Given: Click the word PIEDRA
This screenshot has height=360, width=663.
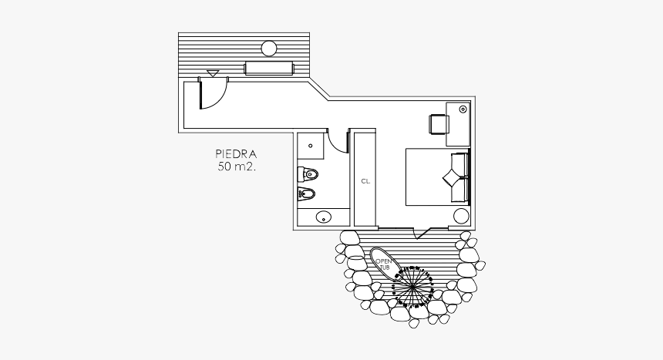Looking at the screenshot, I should point(236,154).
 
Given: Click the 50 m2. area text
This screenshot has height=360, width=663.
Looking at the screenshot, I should point(236,167).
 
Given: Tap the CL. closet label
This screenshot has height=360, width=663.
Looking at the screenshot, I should point(365,181).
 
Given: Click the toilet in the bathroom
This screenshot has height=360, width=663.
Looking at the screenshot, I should point(308,173).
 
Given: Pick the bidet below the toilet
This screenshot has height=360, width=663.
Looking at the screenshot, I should point(308,193).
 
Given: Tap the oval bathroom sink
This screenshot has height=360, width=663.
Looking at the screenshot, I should point(324,217).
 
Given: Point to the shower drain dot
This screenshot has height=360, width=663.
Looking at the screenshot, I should point(312,143).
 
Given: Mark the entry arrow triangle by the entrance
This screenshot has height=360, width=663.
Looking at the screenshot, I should point(213,74).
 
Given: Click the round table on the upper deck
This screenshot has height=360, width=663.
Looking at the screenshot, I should point(268,49).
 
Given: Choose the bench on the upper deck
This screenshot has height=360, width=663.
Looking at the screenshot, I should point(269,69).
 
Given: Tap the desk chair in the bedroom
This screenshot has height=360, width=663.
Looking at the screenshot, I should point(439,124).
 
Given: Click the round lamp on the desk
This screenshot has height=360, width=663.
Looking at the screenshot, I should point(462,109).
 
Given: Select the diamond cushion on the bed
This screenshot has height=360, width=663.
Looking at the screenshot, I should point(450,177).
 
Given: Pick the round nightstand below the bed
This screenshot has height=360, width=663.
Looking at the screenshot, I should point(461,215).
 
